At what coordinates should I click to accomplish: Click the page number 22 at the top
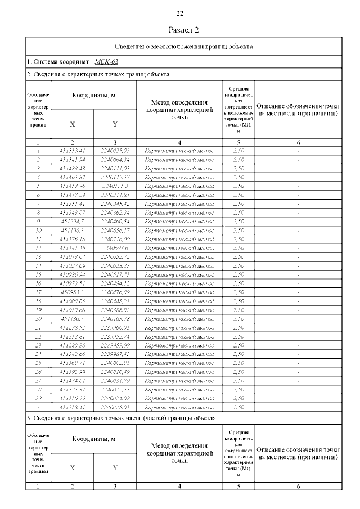click(x=180, y=13)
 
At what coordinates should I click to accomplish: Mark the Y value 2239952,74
click(x=115, y=336)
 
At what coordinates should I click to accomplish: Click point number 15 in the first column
click(x=38, y=274)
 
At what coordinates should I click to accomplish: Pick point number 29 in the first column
click(x=38, y=397)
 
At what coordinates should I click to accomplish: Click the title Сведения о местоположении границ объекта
click(x=184, y=46)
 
